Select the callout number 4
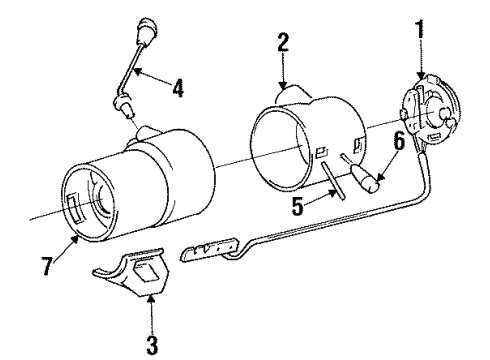point(176,87)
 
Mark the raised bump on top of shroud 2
point(296,91)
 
